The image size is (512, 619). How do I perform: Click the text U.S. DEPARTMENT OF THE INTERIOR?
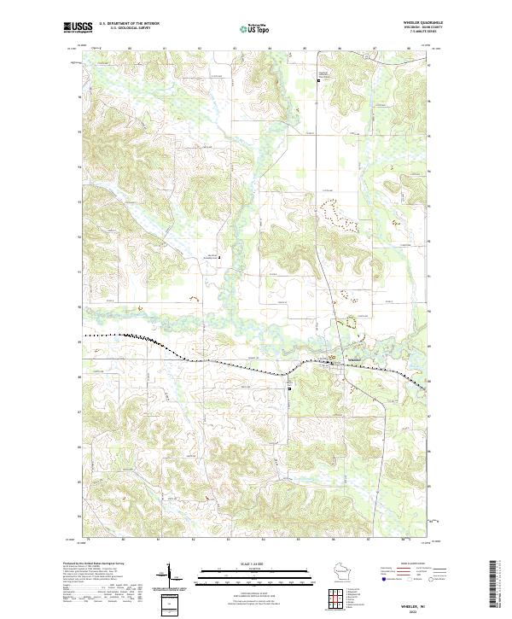[130, 23]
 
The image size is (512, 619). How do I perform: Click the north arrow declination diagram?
[169, 575]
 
